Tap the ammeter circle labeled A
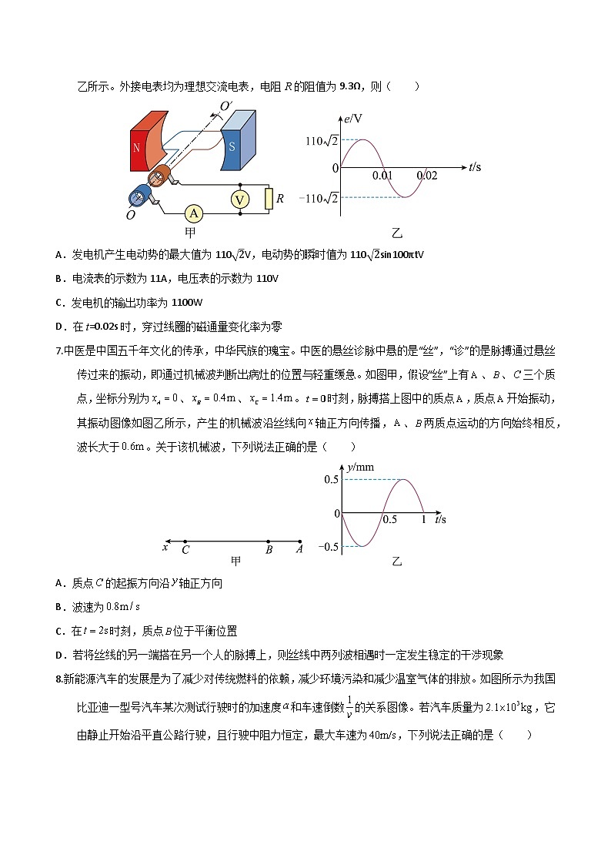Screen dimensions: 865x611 (195, 212)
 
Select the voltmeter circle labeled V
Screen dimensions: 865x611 (240, 199)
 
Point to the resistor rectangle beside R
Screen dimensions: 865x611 (268, 199)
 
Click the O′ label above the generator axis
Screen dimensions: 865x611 (227, 106)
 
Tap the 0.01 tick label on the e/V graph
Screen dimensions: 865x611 (382, 176)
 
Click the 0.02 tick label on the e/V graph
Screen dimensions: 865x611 (426, 176)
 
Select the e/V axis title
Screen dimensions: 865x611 (354, 119)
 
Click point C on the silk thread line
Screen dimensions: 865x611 (185, 549)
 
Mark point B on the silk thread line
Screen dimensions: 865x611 (269, 549)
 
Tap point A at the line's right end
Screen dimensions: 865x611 (299, 549)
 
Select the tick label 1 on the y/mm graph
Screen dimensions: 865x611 (423, 520)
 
